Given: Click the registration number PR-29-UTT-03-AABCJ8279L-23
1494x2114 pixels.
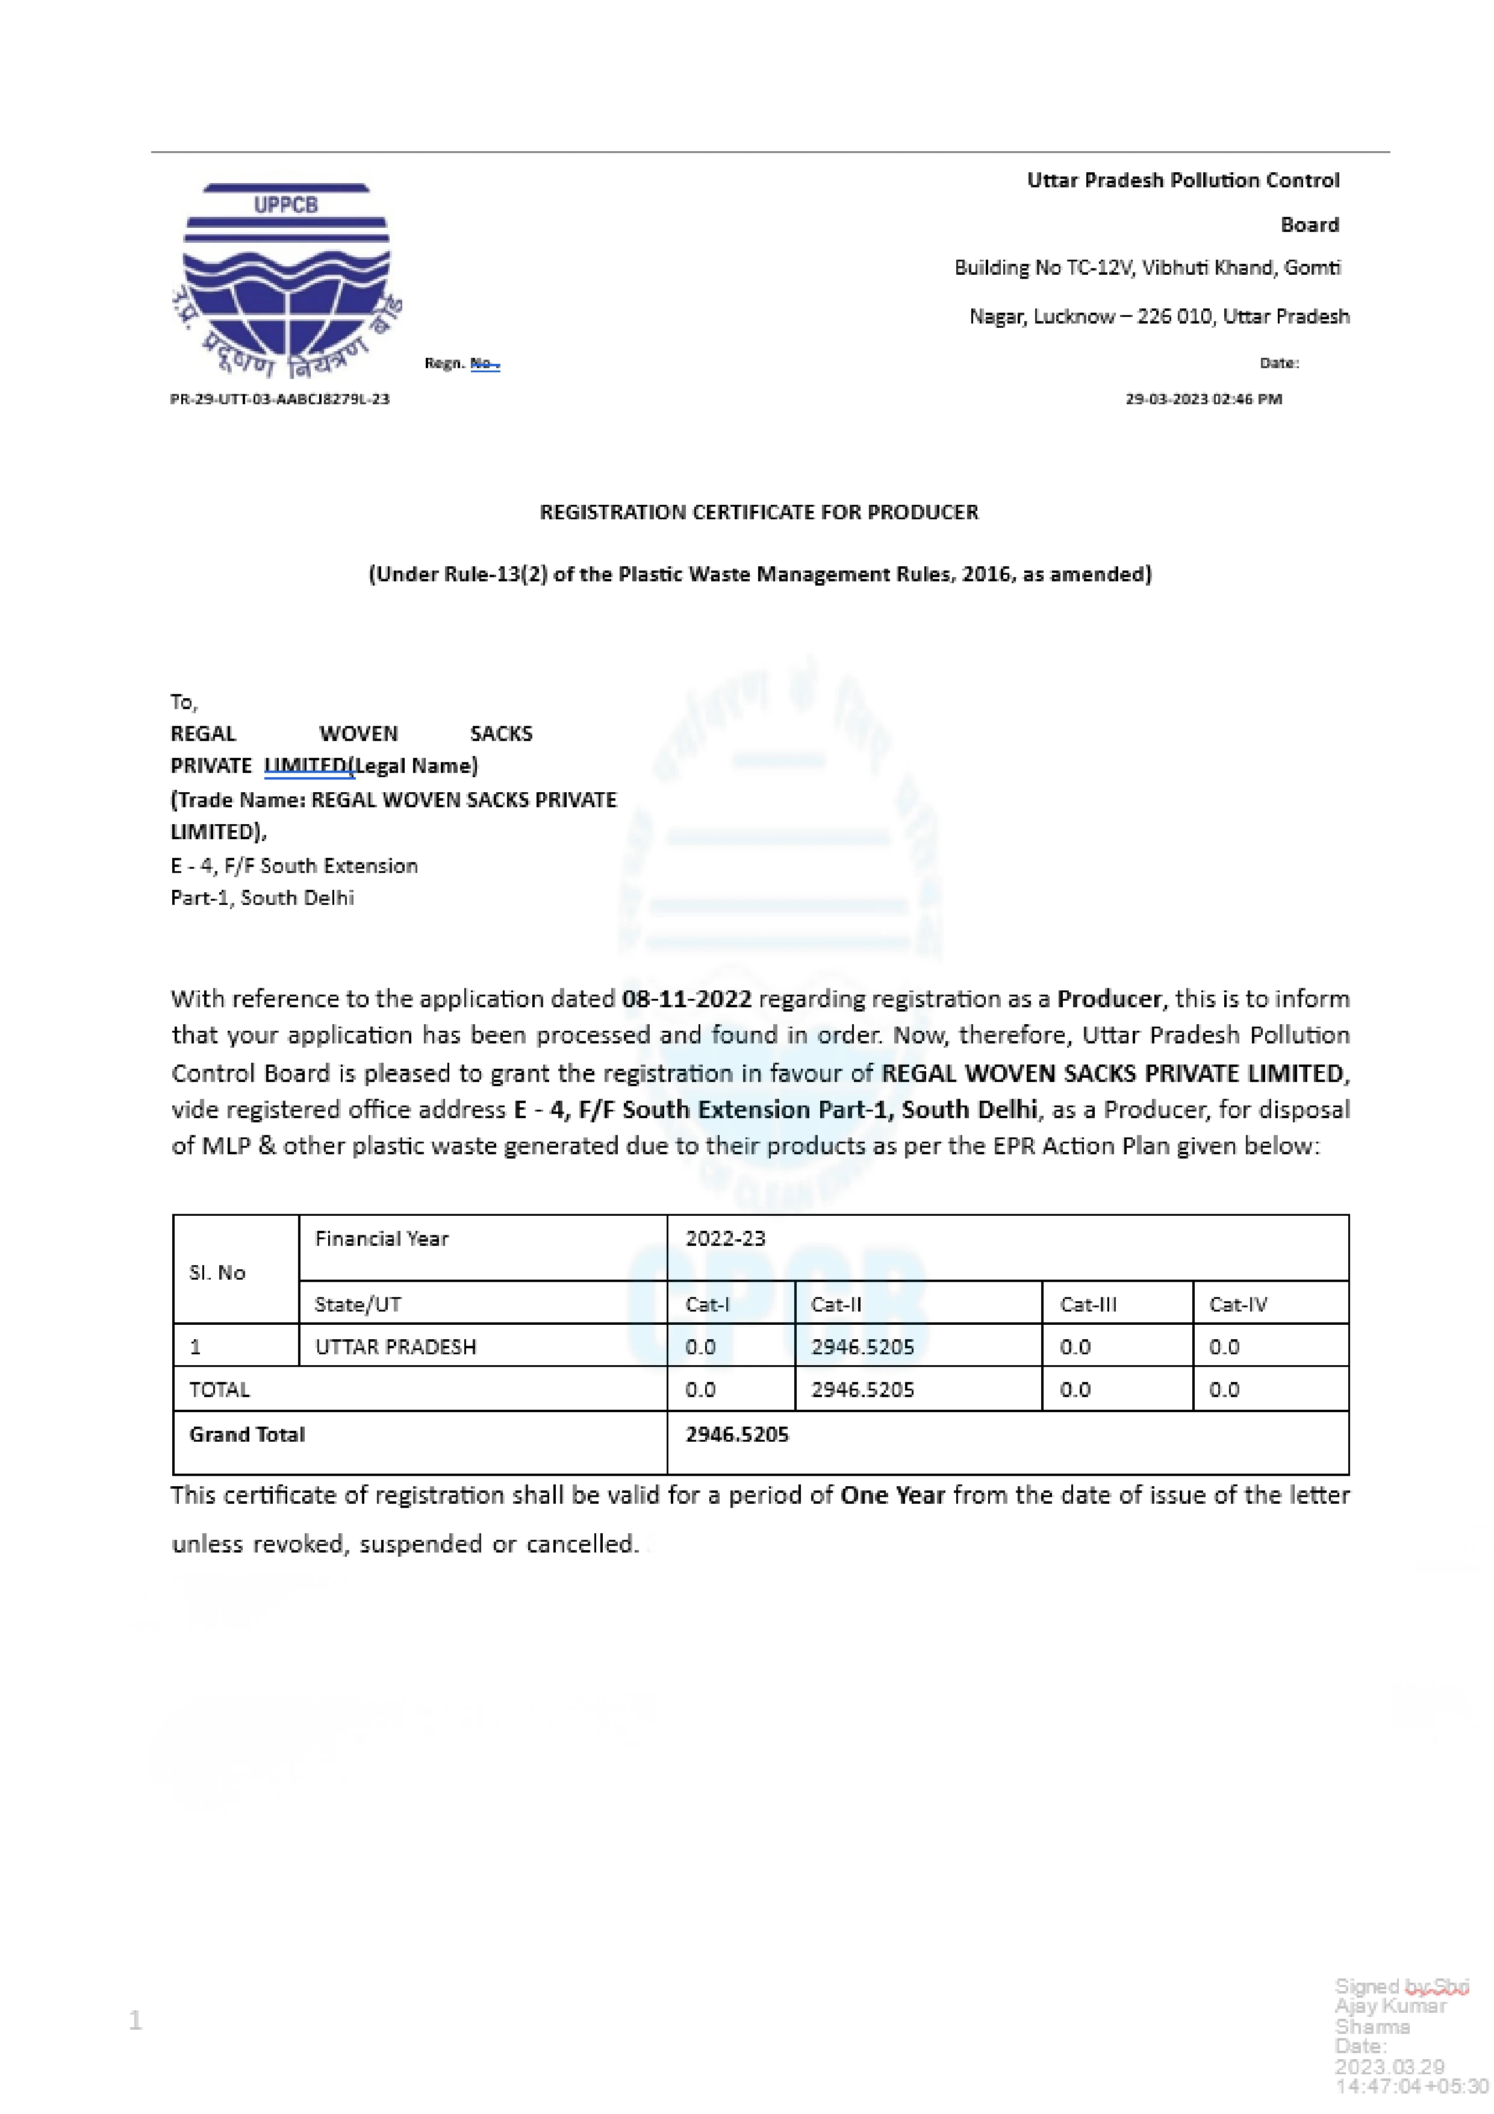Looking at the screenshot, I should (280, 399).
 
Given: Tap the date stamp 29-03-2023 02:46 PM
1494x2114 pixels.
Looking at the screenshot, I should (1203, 399).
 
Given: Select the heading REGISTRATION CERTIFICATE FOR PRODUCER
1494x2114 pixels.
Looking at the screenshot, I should (759, 512).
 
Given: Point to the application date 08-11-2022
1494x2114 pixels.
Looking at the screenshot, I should (686, 999).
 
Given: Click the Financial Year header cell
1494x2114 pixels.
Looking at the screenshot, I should (381, 1239).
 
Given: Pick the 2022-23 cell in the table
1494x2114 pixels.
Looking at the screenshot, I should (726, 1239).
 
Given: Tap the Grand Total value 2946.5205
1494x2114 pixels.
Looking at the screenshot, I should (737, 1434).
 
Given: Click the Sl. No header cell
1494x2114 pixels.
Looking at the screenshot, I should (217, 1272).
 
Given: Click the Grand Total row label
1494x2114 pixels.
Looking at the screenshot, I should (247, 1434).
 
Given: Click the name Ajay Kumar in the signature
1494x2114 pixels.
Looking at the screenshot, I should (1390, 2006).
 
